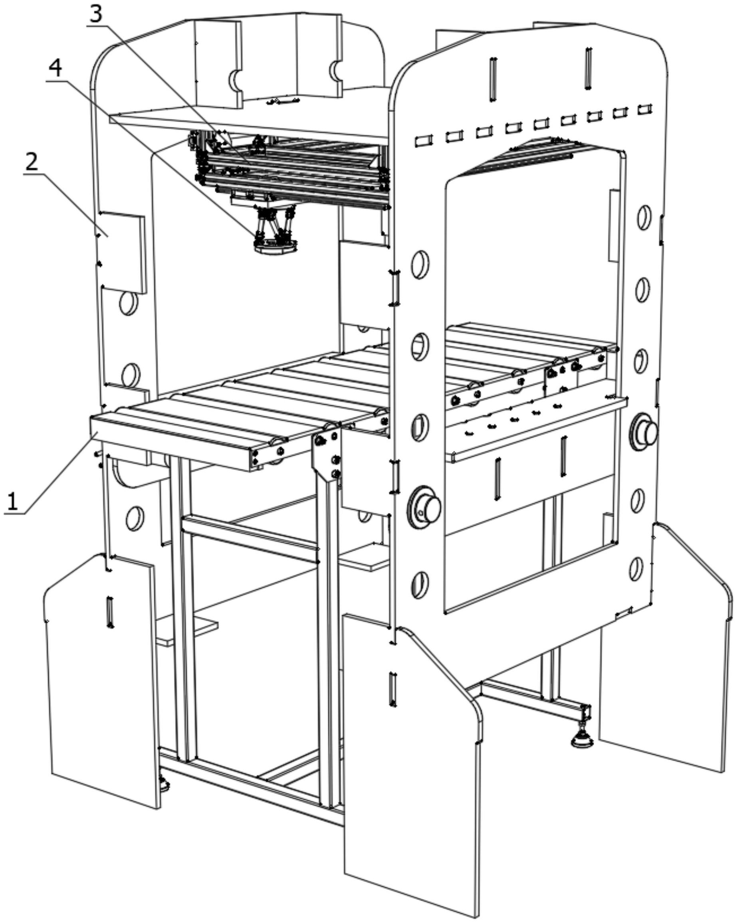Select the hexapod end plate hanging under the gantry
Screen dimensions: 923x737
(x=275, y=247)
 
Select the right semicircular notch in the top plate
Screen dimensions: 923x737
(x=335, y=71)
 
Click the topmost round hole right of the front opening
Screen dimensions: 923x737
(x=644, y=217)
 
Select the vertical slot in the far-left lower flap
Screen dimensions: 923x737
(x=110, y=613)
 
